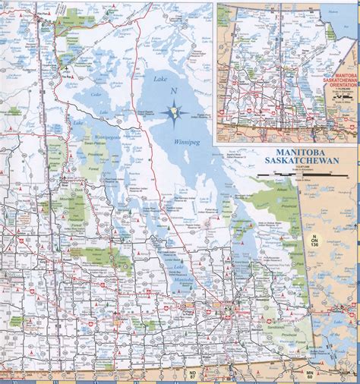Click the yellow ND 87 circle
[x=193, y=376]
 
